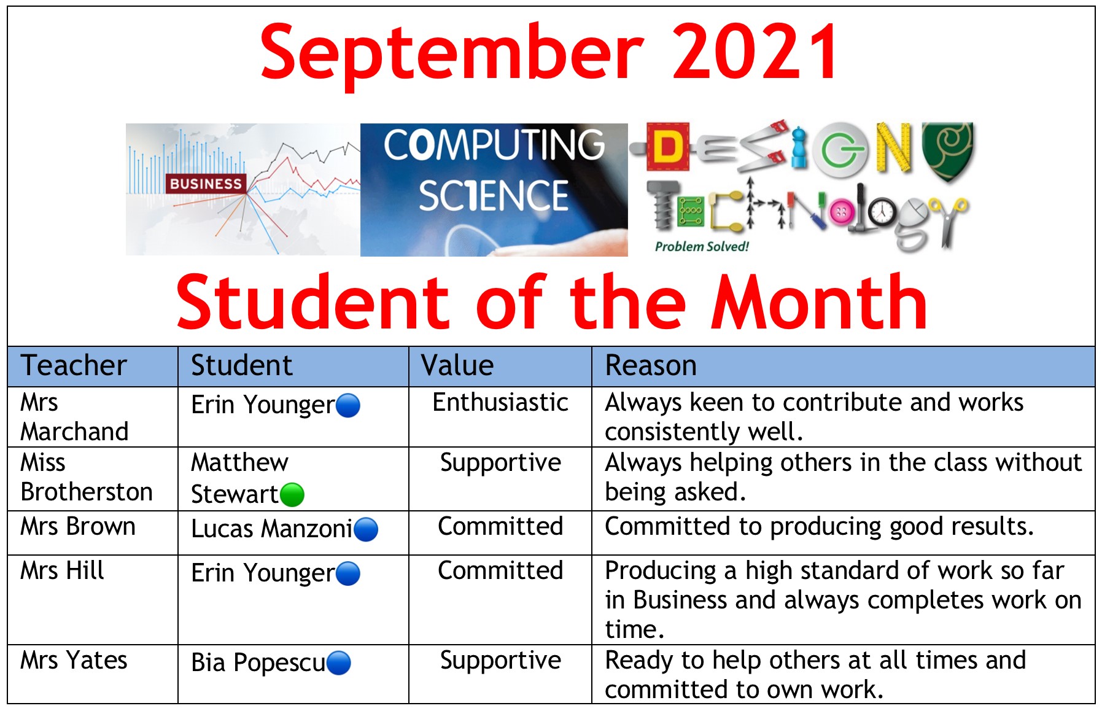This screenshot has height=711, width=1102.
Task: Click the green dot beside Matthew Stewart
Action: pos(292,494)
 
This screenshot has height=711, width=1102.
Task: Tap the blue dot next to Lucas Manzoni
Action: pos(366,529)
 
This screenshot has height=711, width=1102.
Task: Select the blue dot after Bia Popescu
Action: pos(339,663)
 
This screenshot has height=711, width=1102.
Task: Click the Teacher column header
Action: pos(74,365)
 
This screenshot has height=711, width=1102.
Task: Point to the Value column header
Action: pos(457,365)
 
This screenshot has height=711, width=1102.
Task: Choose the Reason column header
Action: pos(651,365)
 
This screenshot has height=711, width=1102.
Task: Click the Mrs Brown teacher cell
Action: pos(78,527)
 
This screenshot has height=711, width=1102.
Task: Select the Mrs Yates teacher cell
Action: pos(74,661)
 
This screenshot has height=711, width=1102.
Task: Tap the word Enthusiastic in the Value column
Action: pos(500,403)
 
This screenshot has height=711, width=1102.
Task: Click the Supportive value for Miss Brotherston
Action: pos(500,463)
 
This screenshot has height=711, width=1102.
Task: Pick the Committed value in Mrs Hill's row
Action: pos(500,571)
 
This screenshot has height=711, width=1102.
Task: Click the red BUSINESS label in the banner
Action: pos(206,184)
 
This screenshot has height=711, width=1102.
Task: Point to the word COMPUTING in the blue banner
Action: pos(494,144)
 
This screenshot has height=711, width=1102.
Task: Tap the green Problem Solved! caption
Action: pos(702,247)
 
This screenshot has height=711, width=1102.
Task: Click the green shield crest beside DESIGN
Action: pos(948,150)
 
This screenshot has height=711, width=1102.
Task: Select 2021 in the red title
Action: pos(755,52)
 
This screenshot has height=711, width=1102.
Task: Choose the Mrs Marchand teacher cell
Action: pos(74,417)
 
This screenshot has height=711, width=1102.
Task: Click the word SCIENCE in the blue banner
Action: pos(494,196)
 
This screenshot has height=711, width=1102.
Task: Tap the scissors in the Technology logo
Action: pos(952,221)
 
